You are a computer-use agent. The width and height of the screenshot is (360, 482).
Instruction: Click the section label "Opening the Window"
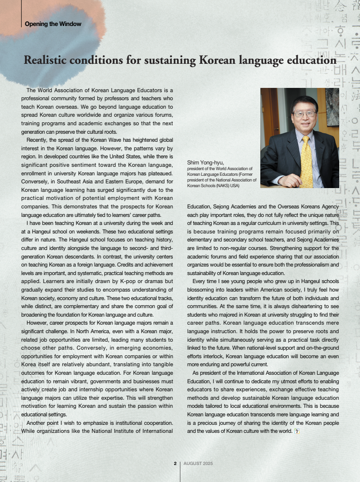[x=53, y=24]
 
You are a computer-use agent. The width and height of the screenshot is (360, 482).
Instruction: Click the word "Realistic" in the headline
[x=45, y=60]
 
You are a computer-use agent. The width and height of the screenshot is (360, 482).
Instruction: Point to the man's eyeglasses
[x=304, y=114]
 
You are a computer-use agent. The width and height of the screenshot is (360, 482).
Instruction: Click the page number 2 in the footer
[x=175, y=463]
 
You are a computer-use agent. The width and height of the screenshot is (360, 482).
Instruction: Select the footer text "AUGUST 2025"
[x=198, y=463]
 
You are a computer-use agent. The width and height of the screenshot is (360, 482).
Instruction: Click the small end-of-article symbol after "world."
[x=297, y=431]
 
